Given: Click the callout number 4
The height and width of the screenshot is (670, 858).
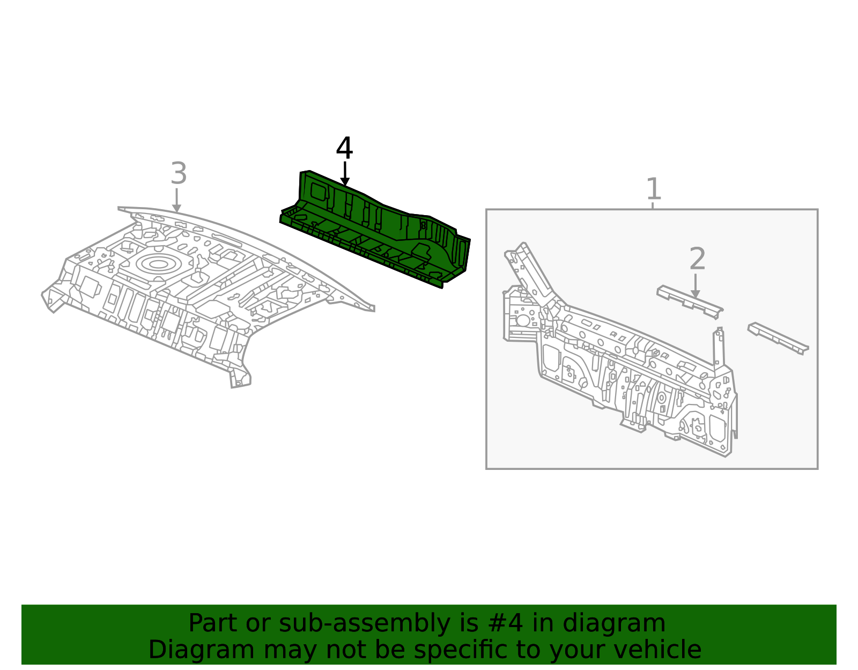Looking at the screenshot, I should [344, 149].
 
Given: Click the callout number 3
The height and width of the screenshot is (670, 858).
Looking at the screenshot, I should [179, 174].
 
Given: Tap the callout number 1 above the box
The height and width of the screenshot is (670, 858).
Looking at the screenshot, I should [653, 189].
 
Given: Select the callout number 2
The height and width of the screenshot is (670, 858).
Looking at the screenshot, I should [697, 259].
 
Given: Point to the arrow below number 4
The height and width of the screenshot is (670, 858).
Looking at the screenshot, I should [345, 174].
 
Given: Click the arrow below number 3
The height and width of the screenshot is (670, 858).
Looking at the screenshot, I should [176, 200].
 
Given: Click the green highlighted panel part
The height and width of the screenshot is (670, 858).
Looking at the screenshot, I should [375, 231].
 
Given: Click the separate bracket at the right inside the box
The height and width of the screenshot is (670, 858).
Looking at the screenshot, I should [778, 337].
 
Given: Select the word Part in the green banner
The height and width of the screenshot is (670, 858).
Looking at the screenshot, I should [212, 623].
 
